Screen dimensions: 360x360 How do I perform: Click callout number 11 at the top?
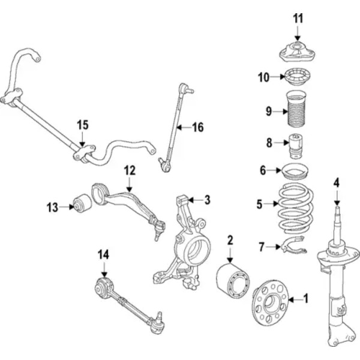298,18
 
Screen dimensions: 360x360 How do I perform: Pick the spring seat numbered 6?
296,172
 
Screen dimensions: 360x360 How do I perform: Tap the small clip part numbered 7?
294,244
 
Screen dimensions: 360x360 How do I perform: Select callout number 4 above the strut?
337,182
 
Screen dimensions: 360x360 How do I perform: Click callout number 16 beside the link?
198,127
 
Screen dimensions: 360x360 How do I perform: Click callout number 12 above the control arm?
130,170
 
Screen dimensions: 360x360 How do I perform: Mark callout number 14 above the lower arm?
103,255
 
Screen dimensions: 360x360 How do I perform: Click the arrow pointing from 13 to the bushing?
66,208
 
